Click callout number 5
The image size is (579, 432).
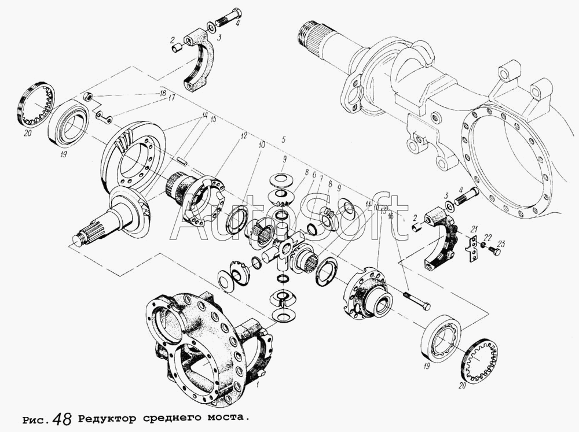(x=283, y=139)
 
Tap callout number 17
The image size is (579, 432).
(x=171, y=98)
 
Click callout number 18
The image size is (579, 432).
(x=163, y=93)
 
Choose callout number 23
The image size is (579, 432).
(x=501, y=244)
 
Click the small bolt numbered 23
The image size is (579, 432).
(x=494, y=251)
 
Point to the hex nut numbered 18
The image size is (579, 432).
(x=88, y=97)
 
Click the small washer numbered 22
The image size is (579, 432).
(x=483, y=246)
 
